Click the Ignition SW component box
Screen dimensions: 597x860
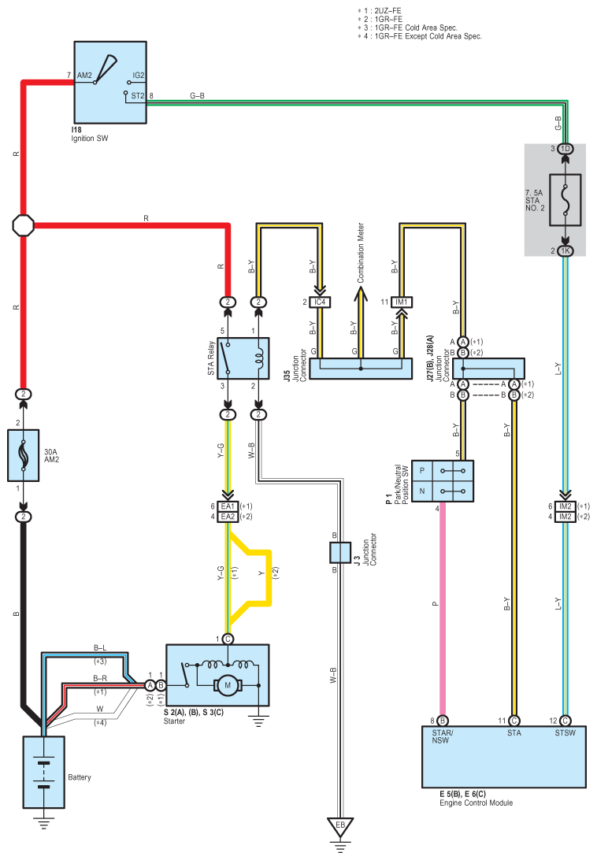click(x=110, y=82)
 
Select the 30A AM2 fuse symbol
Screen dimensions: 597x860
click(x=23, y=455)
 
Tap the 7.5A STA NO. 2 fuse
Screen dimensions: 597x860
click(x=565, y=200)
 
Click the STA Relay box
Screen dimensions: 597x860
click(x=243, y=358)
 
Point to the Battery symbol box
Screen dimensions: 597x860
click(x=44, y=773)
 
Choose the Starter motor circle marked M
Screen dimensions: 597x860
click(x=228, y=685)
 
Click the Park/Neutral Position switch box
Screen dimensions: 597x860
click(x=443, y=481)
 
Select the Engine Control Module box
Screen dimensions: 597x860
click(x=504, y=757)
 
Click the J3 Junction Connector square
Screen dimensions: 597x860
click(x=340, y=553)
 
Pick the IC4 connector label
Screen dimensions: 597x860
click(x=320, y=302)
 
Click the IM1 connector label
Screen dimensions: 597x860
click(x=402, y=302)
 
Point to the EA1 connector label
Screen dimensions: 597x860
click(x=228, y=506)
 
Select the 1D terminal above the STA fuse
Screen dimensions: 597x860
click(x=565, y=149)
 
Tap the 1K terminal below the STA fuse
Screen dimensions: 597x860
click(x=565, y=250)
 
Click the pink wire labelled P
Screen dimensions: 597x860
click(x=443, y=609)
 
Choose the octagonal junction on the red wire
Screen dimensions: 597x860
click(x=23, y=225)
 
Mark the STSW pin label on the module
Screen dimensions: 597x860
click(x=565, y=732)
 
